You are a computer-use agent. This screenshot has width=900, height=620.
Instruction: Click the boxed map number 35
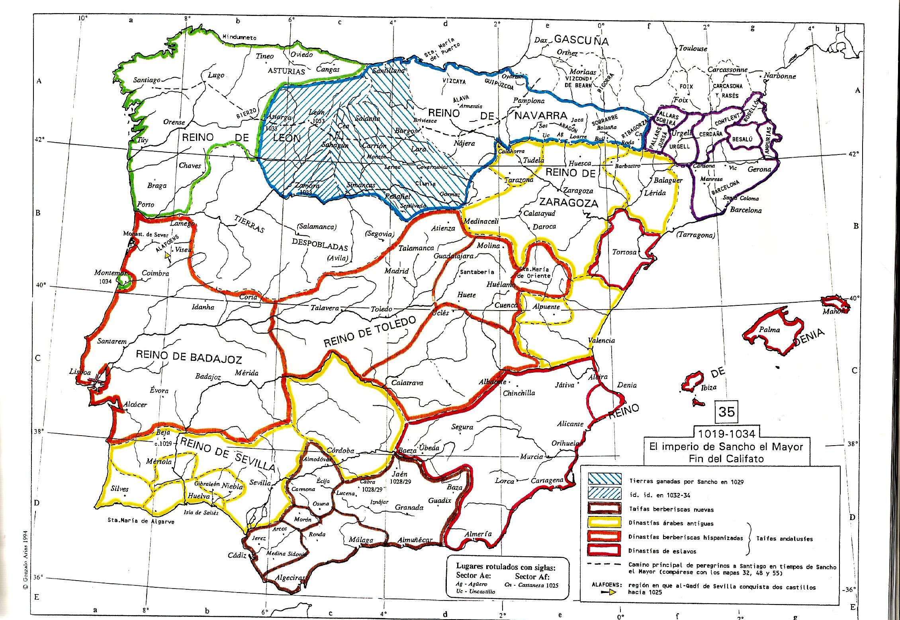click(x=726, y=411)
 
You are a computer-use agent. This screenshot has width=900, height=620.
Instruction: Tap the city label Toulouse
click(x=693, y=48)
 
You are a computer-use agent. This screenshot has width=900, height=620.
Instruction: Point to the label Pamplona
click(x=528, y=101)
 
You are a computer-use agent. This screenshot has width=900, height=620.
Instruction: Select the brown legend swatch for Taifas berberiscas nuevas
click(x=604, y=509)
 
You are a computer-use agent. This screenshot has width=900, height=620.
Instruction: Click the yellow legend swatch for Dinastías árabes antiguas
click(x=604, y=523)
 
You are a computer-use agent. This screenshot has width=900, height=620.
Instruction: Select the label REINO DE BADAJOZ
click(x=189, y=357)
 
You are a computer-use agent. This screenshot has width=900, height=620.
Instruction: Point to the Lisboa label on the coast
click(x=80, y=372)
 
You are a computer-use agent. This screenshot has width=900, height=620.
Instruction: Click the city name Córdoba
click(x=340, y=451)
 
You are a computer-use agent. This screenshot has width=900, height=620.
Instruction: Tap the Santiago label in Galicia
click(x=147, y=80)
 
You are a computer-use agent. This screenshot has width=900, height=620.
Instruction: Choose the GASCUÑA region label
click(x=581, y=40)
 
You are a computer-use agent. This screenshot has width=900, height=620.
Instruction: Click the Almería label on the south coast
click(x=478, y=534)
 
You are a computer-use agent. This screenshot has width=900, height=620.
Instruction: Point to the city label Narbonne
click(x=780, y=76)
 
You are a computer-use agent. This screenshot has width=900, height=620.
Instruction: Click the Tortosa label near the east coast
click(x=624, y=252)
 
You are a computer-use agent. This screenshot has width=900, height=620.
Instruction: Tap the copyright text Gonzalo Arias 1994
click(x=25, y=565)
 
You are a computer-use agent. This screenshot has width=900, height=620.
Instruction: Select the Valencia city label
click(x=601, y=340)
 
